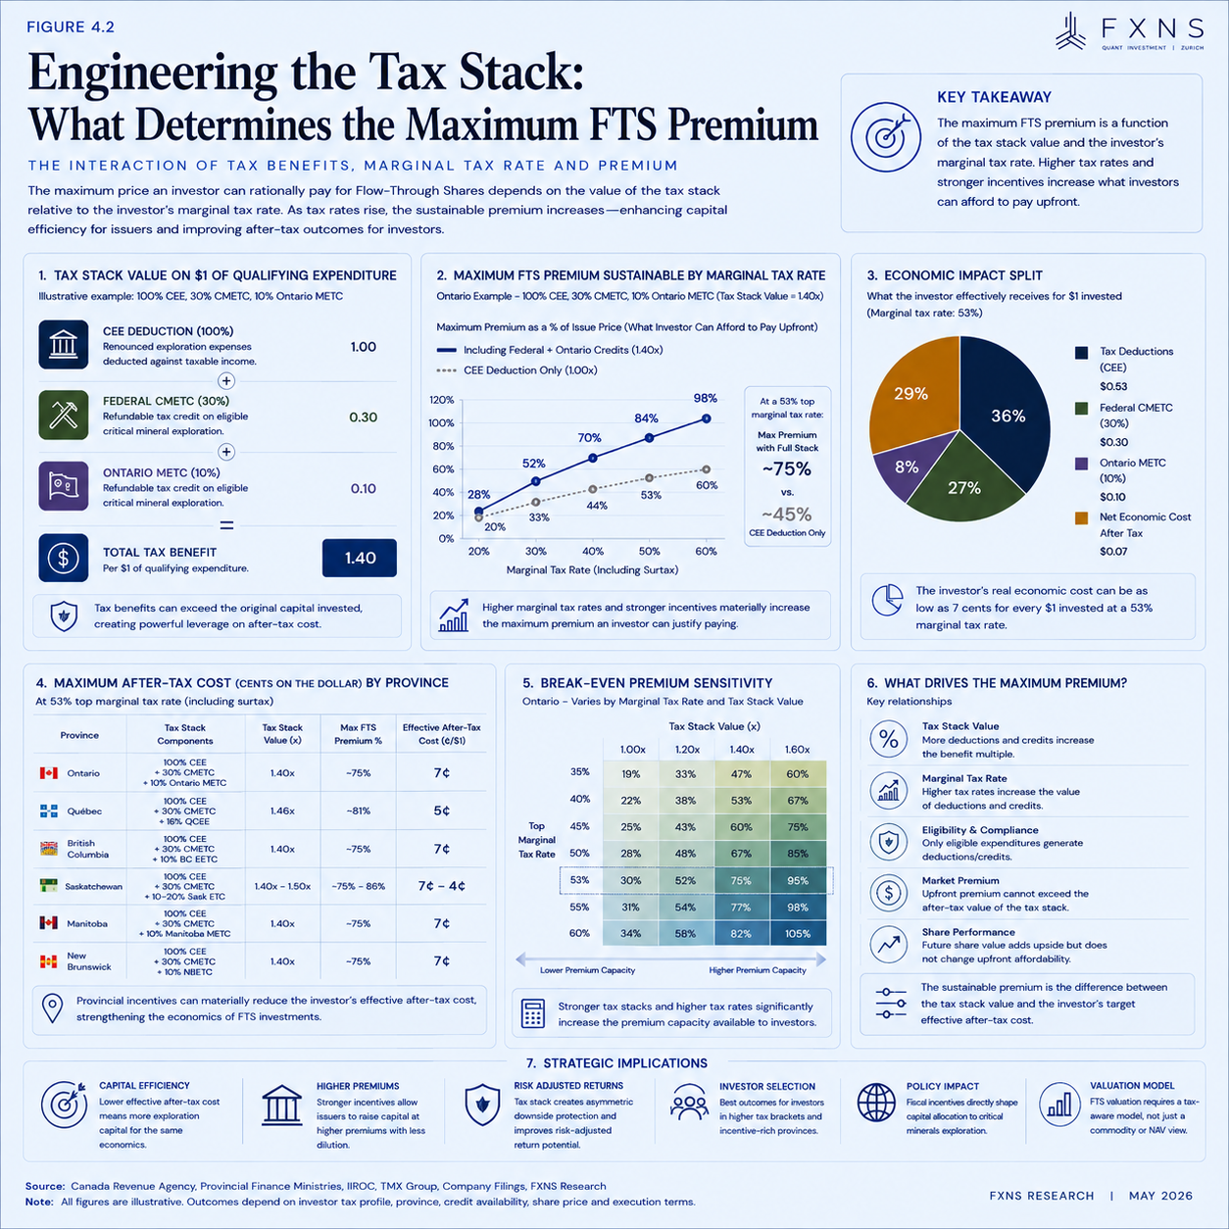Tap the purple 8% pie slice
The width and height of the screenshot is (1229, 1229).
[905, 467]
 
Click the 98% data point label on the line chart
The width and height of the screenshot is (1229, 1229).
[705, 398]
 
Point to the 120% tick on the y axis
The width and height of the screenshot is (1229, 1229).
[441, 400]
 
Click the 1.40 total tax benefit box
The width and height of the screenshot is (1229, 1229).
[359, 558]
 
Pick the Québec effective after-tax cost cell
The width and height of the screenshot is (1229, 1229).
[441, 811]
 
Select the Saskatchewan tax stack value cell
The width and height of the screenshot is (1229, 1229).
[282, 886]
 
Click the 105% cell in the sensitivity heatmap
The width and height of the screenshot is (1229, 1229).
[797, 933]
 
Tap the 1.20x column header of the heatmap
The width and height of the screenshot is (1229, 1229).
[687, 750]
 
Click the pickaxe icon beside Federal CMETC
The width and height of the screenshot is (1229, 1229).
[63, 416]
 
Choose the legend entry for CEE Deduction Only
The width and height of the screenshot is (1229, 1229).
[517, 369]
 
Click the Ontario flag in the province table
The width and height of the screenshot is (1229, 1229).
[48, 773]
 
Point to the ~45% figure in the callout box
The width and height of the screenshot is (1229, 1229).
[786, 515]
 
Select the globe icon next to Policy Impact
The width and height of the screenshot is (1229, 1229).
[876, 1103]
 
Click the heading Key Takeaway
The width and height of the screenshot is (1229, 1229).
[994, 97]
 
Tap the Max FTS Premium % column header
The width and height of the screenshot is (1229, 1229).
[358, 734]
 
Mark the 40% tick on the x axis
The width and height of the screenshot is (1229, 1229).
[593, 551]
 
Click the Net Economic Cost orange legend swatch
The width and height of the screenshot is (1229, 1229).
[1081, 517]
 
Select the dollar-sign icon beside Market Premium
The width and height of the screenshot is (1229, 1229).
[888, 893]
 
